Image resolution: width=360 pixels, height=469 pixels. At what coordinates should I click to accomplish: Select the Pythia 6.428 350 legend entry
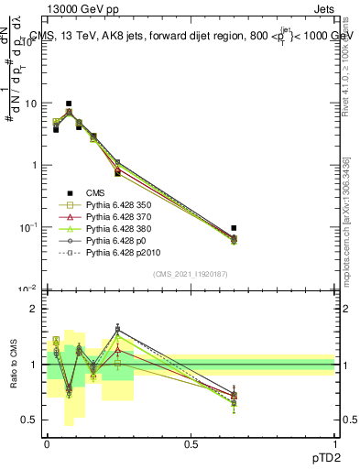(120, 206)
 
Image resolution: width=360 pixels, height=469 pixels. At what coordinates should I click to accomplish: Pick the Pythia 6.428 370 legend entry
(120, 220)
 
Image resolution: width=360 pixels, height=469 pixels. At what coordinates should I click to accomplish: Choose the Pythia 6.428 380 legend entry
(120, 234)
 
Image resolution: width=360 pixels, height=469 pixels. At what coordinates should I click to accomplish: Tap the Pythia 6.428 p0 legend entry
(116, 247)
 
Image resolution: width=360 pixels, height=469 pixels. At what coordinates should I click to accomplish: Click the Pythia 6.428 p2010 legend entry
(124, 261)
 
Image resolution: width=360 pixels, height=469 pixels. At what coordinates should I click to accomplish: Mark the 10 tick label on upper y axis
(32, 104)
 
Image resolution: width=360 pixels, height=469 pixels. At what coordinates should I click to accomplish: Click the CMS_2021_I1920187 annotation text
(191, 274)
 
